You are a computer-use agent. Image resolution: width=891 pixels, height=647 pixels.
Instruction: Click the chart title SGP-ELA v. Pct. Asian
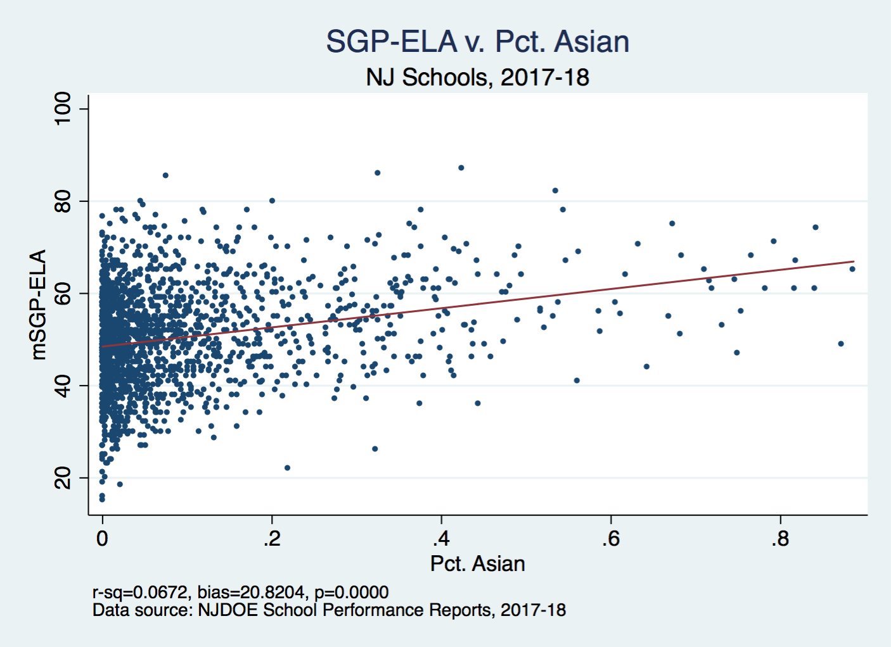(x=477, y=42)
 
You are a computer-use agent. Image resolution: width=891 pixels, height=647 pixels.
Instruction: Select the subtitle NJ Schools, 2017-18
(x=477, y=77)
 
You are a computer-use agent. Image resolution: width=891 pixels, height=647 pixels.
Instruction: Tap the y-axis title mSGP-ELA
(x=39, y=305)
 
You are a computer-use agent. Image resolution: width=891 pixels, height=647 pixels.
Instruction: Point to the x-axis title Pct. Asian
(x=477, y=563)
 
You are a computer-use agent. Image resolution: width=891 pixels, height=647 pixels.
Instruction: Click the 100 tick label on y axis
(x=63, y=108)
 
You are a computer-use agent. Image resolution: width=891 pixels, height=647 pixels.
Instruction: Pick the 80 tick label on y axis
(x=63, y=201)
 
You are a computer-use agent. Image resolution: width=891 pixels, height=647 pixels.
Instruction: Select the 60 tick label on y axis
(x=63, y=293)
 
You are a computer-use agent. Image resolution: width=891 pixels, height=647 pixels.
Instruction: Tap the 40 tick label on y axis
(x=63, y=386)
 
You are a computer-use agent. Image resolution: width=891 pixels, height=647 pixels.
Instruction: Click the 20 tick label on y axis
(x=63, y=478)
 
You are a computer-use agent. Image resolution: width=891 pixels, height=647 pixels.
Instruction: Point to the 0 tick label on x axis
(x=102, y=539)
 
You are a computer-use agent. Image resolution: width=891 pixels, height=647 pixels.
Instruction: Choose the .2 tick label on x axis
(x=272, y=539)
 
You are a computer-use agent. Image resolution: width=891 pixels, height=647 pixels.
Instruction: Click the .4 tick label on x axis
(x=441, y=539)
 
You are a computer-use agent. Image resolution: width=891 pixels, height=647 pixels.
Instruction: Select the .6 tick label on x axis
(x=611, y=539)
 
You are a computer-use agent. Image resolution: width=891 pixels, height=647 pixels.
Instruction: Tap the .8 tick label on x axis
(x=780, y=539)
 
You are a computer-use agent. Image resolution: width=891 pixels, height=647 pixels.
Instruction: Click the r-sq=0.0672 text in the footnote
(x=140, y=593)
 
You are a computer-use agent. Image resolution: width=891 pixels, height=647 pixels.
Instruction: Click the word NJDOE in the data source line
(x=228, y=610)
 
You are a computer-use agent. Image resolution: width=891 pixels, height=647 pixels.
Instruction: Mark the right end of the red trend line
(x=854, y=261)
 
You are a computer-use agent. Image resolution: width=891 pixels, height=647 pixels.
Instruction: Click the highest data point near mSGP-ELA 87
(x=461, y=168)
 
